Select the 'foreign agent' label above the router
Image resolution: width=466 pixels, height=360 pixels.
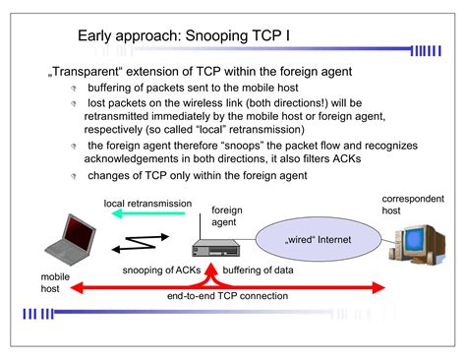[x=226, y=216]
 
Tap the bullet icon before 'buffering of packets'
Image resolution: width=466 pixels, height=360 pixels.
[x=72, y=89]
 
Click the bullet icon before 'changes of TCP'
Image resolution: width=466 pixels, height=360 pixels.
[x=72, y=176]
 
